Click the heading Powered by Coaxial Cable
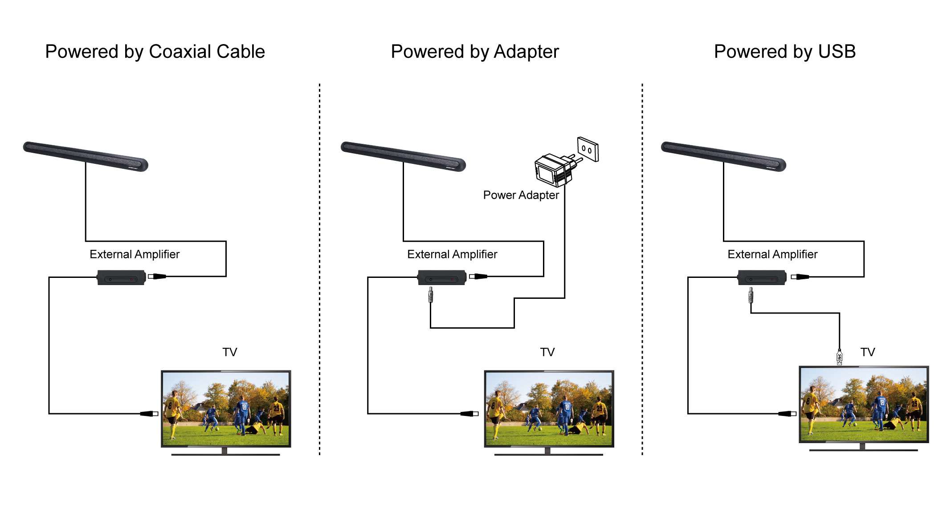[155, 52]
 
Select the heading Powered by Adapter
[475, 52]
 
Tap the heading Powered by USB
[785, 52]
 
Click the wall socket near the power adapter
[588, 149]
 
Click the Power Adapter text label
[521, 195]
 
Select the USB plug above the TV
[840, 357]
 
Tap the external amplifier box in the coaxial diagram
[122, 277]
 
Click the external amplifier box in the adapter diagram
[442, 277]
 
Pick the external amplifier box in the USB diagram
[762, 277]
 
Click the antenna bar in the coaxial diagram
[86, 156]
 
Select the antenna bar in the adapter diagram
[403, 156]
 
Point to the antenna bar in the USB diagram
[723, 156]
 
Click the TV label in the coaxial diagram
[230, 352]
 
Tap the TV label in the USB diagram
[868, 352]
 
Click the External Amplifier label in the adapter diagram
[452, 254]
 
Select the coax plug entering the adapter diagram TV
[469, 414]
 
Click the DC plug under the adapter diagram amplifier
[430, 295]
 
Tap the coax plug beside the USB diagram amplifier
[800, 277]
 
